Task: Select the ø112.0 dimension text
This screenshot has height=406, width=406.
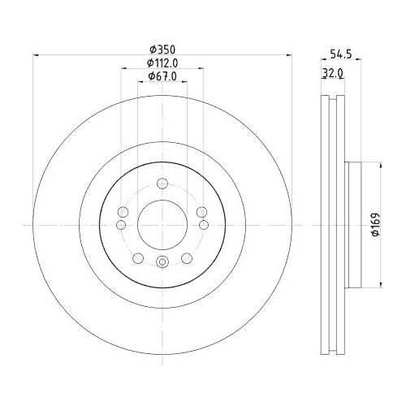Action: click(x=162, y=63)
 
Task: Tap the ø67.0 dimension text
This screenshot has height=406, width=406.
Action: click(x=162, y=76)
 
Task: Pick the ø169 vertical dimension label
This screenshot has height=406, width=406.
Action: click(x=376, y=225)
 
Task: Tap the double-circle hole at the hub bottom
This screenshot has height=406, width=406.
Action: click(x=162, y=261)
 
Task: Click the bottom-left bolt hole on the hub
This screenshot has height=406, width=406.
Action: click(x=136, y=257)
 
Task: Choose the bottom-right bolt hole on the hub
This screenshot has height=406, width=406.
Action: click(x=187, y=257)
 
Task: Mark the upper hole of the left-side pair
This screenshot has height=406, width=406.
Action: click(x=123, y=212)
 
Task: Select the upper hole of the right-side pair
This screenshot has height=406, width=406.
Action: click(x=201, y=212)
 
